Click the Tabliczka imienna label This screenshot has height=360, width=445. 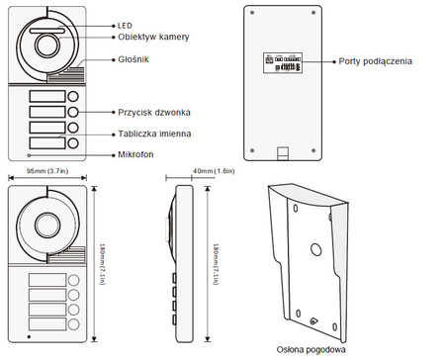point(152,132)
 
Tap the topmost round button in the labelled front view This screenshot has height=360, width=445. point(74,97)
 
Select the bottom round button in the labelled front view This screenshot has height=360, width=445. point(74,143)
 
